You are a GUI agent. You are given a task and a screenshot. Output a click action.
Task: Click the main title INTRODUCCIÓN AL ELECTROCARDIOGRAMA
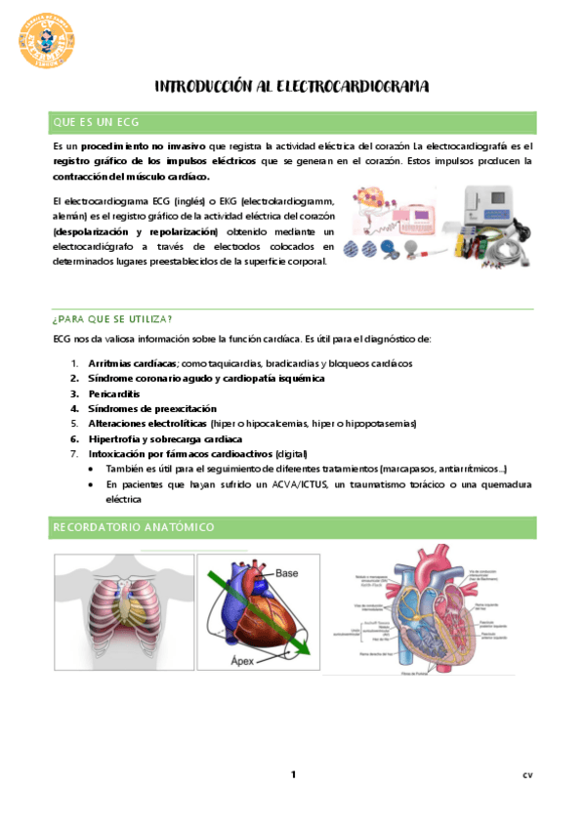click(292, 88)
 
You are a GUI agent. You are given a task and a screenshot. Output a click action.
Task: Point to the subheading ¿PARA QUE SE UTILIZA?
click(112, 319)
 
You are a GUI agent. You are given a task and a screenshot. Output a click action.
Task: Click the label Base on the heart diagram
click(286, 572)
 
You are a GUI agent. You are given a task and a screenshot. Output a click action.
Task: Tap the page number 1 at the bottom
click(292, 775)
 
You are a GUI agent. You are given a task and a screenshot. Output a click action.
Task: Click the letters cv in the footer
click(527, 776)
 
